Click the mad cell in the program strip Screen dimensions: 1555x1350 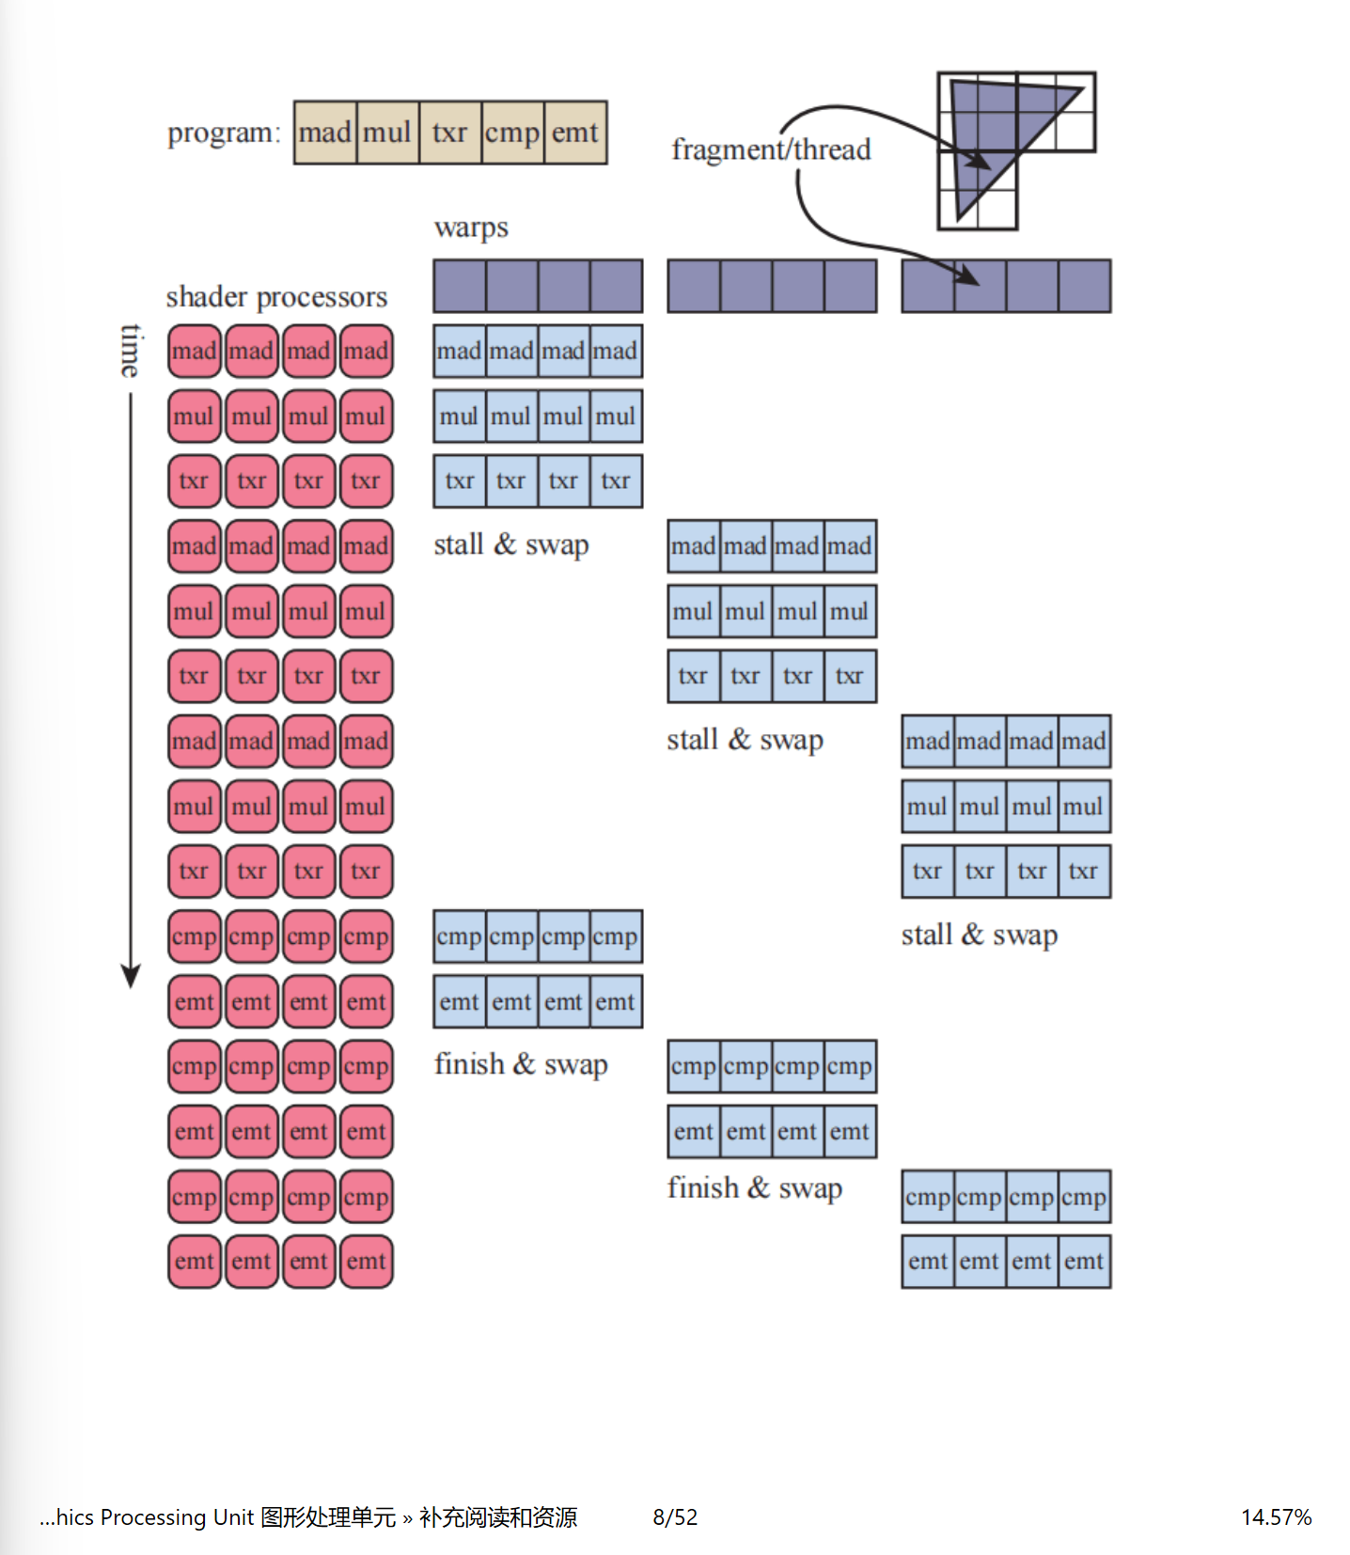coord(325,133)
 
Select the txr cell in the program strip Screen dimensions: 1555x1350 coord(449,133)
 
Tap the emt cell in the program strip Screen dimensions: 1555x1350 coord(574,133)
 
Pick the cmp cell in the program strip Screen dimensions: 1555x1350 coord(512,133)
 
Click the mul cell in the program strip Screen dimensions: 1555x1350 coord(387,133)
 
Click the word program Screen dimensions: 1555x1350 coord(223,133)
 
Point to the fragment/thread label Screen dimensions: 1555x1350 coord(771,149)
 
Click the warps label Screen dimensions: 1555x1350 coord(471,228)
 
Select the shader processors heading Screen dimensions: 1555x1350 coord(276,297)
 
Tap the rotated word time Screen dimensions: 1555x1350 coord(132,350)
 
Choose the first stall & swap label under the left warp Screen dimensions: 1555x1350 coord(511,544)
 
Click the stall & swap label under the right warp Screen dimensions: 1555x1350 coord(979,935)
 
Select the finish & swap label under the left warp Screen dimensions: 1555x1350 coord(521,1064)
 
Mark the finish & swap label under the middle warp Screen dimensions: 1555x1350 coord(754,1188)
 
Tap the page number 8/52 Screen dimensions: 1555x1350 coord(675,1517)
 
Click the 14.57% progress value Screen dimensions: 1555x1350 coord(1276,1517)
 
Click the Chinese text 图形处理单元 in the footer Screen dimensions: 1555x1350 coord(328,1517)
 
